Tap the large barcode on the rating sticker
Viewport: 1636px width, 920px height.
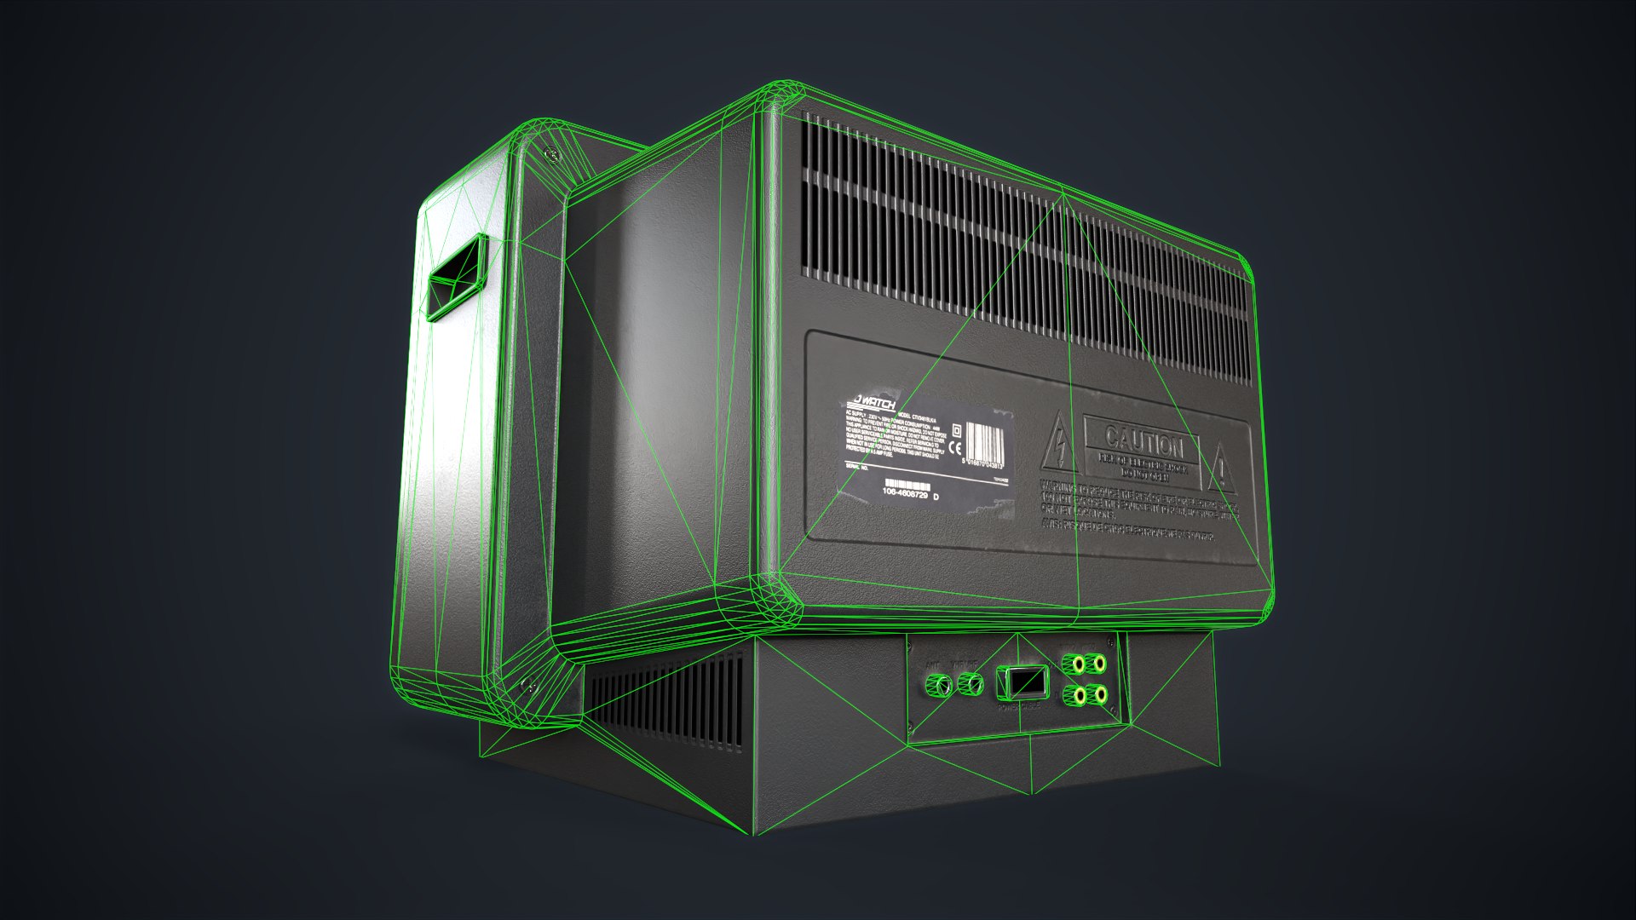983,444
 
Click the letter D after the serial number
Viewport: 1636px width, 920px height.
937,497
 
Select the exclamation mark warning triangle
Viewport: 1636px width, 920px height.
1222,469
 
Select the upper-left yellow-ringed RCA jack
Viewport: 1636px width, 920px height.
1069,664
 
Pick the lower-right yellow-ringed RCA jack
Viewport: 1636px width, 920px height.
1099,695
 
